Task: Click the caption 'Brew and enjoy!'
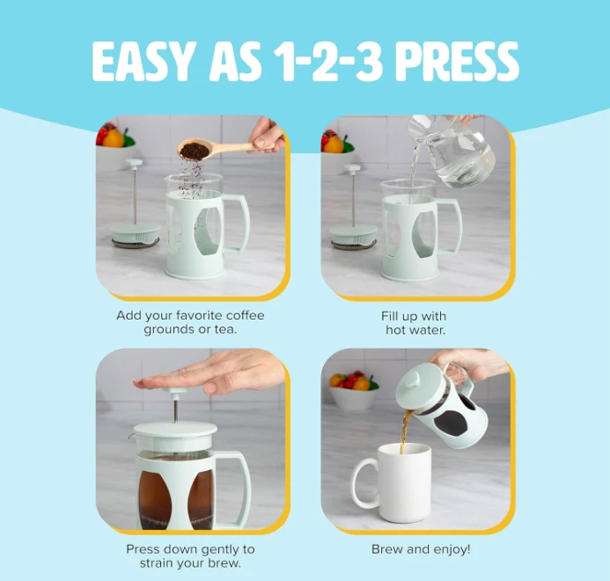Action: (420, 549)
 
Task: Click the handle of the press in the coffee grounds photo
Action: (235, 224)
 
